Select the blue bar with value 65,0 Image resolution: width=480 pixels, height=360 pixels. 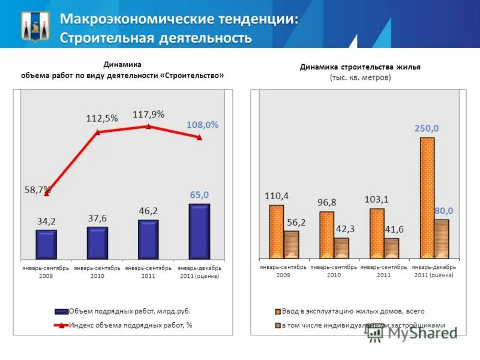pos(199,231)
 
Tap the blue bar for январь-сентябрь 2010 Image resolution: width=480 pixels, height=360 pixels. pos(97,242)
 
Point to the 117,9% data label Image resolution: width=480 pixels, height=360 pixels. pos(148,114)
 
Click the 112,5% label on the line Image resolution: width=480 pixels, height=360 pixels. pos(102,119)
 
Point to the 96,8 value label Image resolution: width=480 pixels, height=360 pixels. pos(327,203)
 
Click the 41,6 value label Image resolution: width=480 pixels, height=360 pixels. pos(392,229)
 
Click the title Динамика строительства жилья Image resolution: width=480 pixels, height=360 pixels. pos(360,67)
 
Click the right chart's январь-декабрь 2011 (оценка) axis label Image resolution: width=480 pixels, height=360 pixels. pos(434,271)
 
